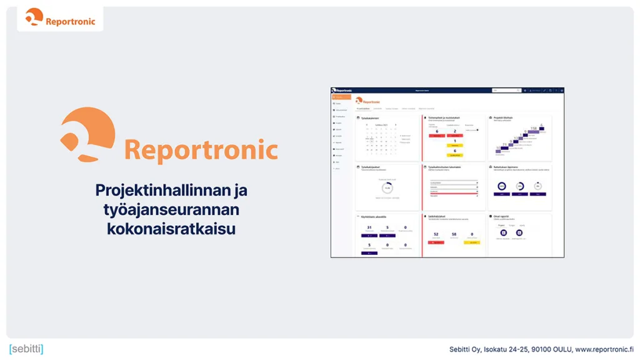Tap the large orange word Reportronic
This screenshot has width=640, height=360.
[201, 151]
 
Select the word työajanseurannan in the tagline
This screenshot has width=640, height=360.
[171, 209]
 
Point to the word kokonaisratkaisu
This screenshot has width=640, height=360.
[171, 229]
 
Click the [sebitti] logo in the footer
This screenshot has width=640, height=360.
[26, 349]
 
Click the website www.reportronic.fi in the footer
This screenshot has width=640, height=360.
[604, 349]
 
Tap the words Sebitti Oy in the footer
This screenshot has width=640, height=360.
[465, 349]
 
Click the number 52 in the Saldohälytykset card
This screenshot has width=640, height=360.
[436, 234]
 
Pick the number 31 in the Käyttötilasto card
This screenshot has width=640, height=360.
[369, 227]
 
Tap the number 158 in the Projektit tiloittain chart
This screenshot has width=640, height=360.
[534, 128]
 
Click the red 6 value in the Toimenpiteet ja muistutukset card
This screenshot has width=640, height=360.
[437, 131]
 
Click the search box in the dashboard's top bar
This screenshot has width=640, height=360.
[506, 91]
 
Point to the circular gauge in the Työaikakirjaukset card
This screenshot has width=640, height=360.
[387, 187]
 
